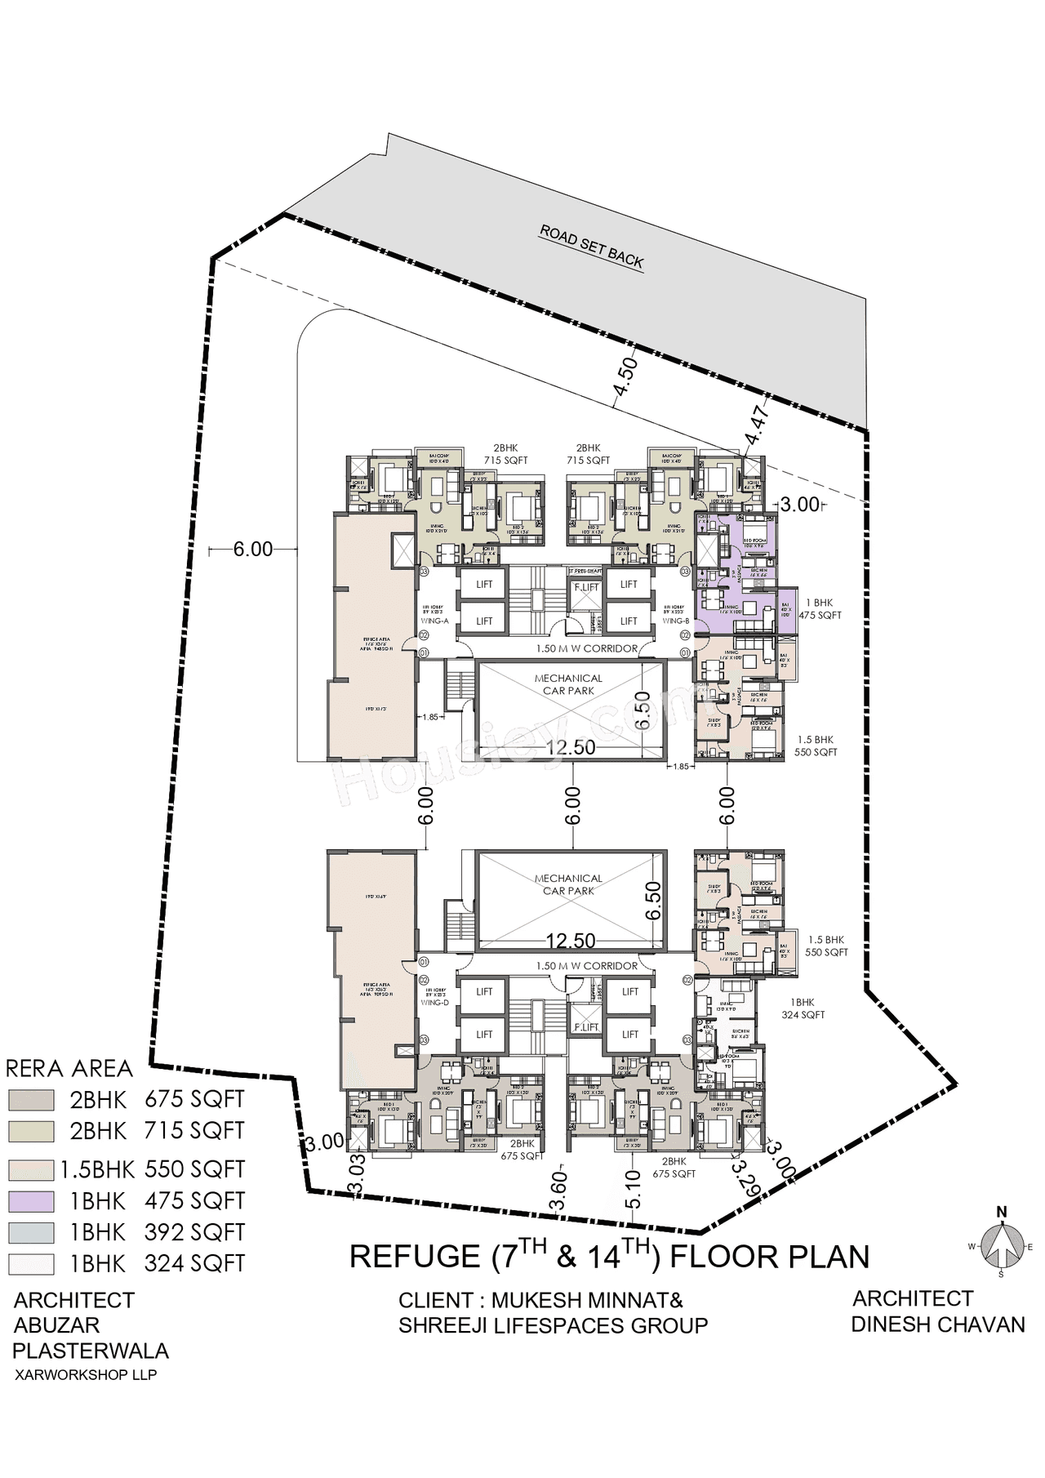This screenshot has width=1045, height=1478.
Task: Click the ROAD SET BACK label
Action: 591,246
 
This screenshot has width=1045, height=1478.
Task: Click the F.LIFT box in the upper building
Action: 586,587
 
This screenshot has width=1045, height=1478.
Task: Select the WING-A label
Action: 435,621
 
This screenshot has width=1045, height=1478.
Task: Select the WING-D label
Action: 435,1002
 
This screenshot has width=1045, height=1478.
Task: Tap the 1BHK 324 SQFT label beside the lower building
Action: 802,1008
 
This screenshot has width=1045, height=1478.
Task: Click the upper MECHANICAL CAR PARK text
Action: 568,684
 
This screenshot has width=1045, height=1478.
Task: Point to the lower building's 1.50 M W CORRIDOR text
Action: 586,966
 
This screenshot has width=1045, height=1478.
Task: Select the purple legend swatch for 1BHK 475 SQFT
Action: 32,1201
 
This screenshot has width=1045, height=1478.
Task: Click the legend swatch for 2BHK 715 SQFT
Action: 32,1131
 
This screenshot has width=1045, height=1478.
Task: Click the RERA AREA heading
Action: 69,1068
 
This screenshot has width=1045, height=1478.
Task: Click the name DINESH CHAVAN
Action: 937,1324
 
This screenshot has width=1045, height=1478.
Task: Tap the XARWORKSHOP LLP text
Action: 86,1375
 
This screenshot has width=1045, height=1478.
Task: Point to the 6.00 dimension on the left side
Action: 253,550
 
